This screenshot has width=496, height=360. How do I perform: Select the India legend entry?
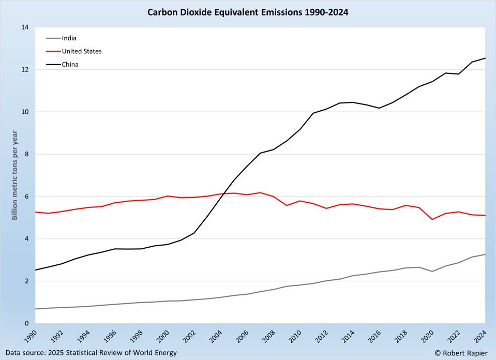pos(69,38)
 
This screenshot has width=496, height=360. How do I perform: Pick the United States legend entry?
pos(81,51)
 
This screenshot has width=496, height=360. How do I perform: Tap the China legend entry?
pos(70,65)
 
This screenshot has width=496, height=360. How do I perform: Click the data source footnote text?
pos(91,353)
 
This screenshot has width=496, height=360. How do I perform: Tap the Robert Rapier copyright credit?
pos(462,353)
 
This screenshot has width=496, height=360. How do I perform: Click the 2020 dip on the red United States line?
pos(431,219)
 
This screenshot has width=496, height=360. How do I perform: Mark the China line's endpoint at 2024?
pos(485,58)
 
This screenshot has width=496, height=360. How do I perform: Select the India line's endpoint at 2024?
pos(485,254)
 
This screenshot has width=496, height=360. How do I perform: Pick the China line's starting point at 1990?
pos(34,270)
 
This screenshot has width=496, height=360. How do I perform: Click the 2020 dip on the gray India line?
pos(431,272)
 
